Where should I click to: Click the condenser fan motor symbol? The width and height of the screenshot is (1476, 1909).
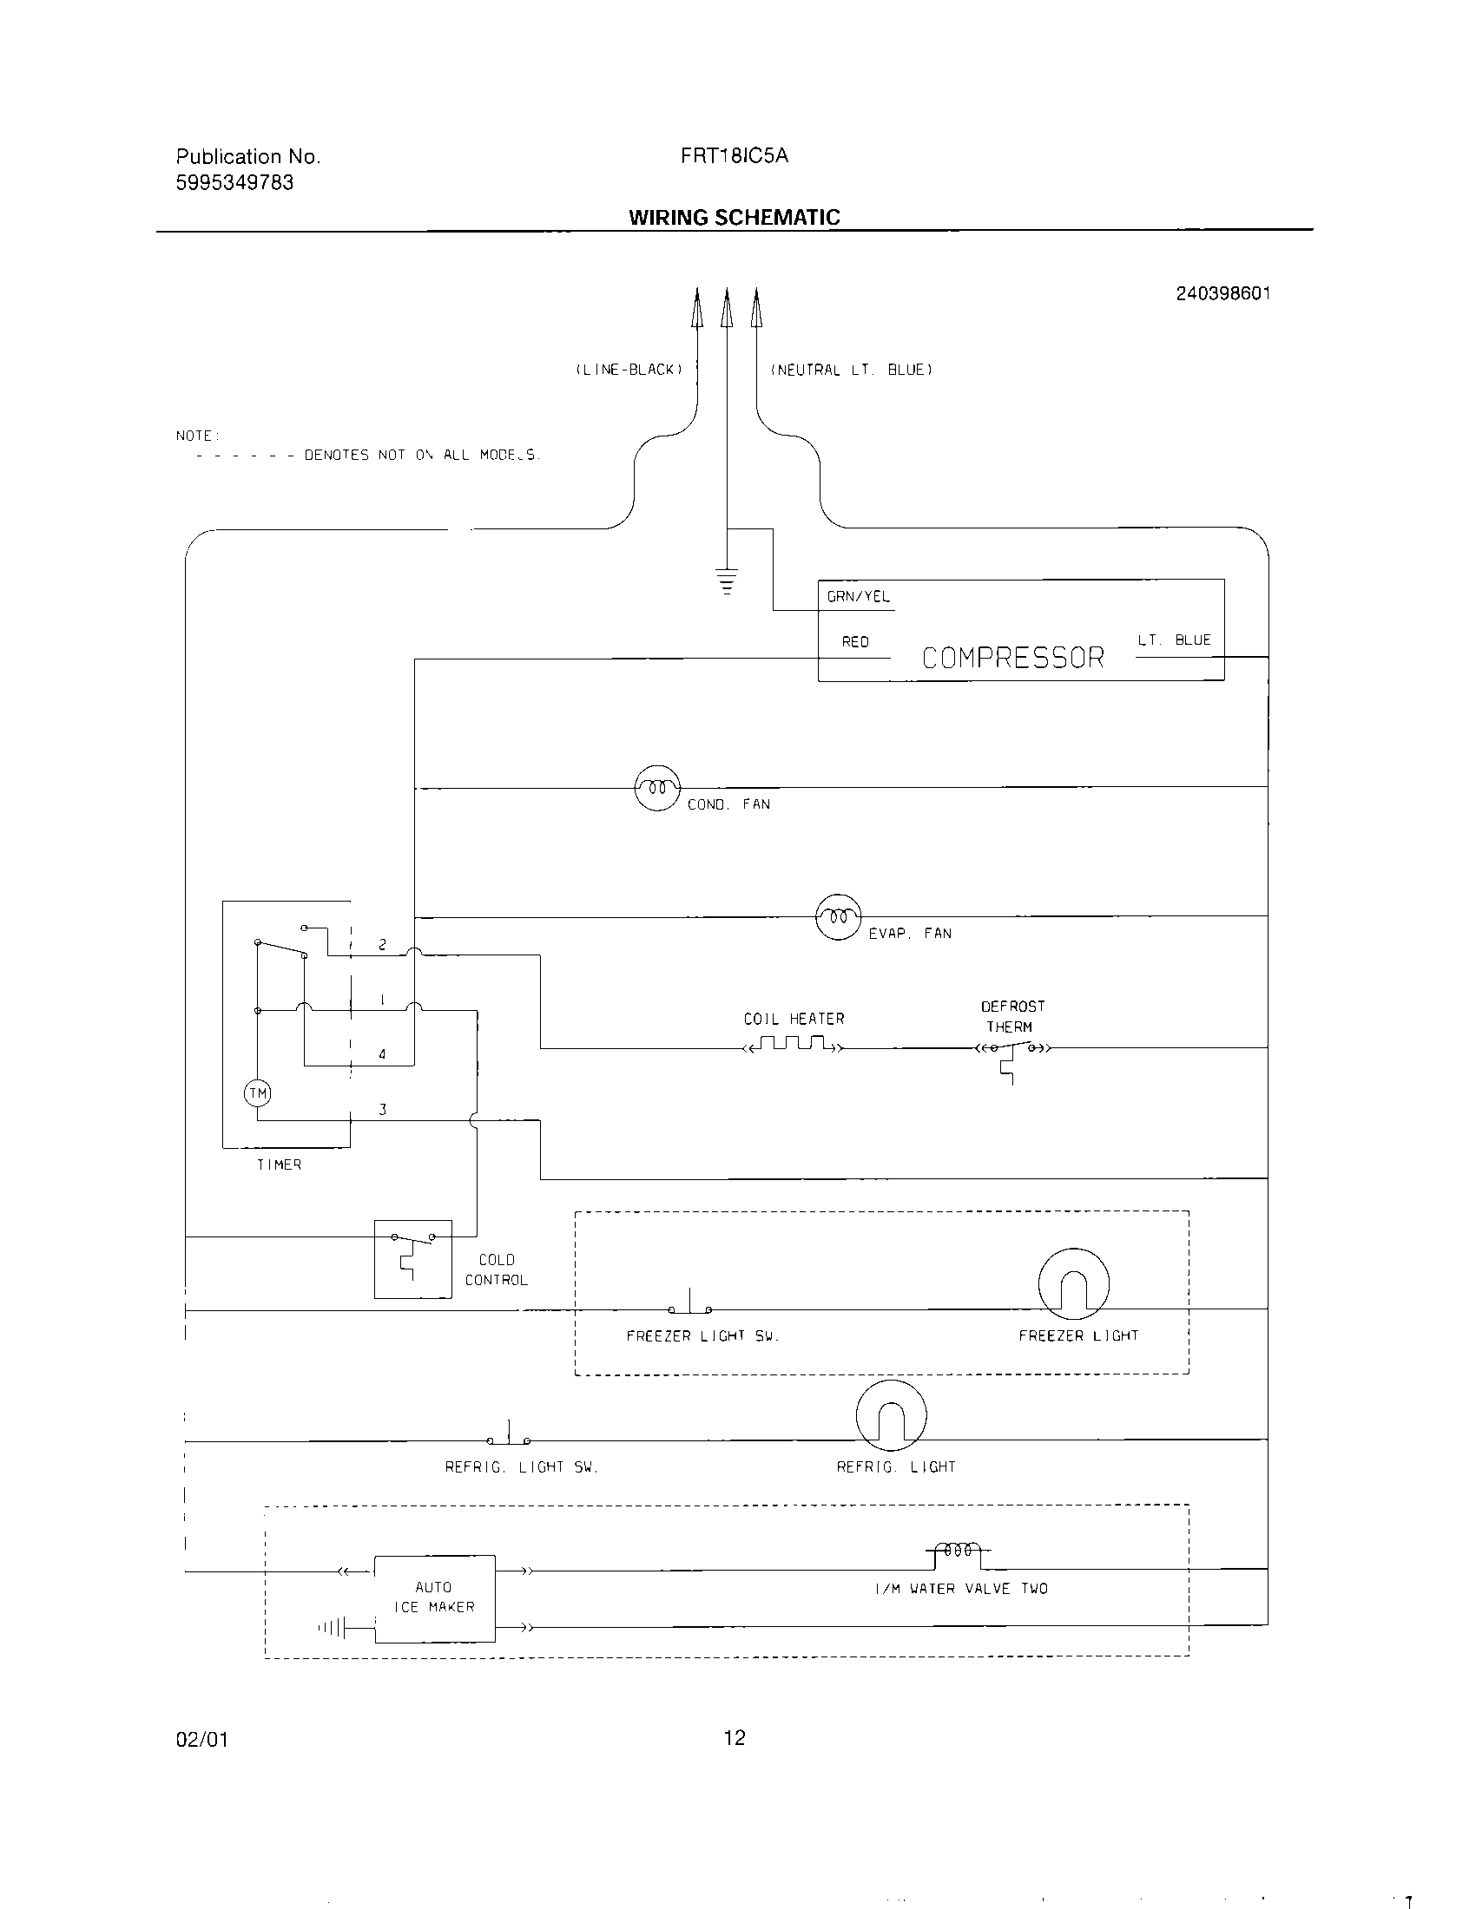point(656,788)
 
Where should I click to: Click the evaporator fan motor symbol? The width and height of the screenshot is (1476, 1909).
point(838,917)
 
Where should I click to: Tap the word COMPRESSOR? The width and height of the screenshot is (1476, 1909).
point(1012,658)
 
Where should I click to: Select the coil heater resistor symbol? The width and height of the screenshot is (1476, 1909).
point(793,1044)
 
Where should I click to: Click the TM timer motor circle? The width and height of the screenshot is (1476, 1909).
point(257,1093)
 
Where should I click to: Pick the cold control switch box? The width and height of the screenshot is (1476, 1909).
point(412,1259)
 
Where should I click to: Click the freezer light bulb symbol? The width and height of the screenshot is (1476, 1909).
point(1073,1283)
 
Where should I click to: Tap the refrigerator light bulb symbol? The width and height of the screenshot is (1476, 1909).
point(891,1415)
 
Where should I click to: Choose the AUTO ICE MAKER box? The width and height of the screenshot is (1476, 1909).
point(435,1598)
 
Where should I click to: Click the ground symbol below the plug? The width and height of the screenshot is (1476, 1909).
point(727,580)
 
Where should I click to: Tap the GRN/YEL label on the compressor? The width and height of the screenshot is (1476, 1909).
point(858,597)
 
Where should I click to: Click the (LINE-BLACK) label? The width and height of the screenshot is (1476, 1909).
point(629,370)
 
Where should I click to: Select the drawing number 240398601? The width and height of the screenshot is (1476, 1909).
point(1222,293)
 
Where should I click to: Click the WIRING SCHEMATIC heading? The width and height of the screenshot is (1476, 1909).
point(734,218)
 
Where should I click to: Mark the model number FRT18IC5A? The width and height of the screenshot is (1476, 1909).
point(734,155)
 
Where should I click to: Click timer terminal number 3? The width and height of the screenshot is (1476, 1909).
point(382,1110)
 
